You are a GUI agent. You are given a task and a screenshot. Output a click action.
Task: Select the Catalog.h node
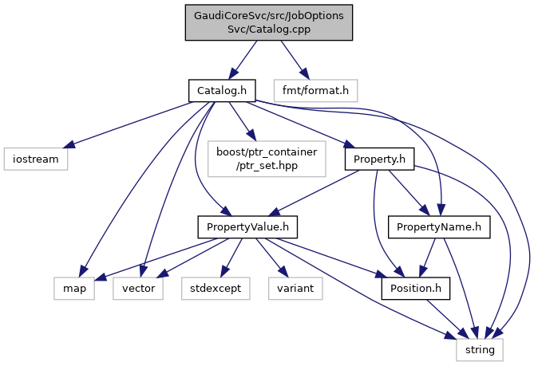click(221, 90)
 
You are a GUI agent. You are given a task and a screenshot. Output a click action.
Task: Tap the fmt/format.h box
click(316, 90)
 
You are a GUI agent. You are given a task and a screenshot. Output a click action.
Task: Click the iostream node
click(34, 159)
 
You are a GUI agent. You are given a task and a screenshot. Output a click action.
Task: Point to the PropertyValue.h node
click(247, 228)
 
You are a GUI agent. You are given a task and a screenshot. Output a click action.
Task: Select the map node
click(74, 287)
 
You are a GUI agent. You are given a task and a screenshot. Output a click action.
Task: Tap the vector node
click(138, 287)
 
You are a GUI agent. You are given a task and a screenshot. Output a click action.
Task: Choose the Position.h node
click(415, 287)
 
